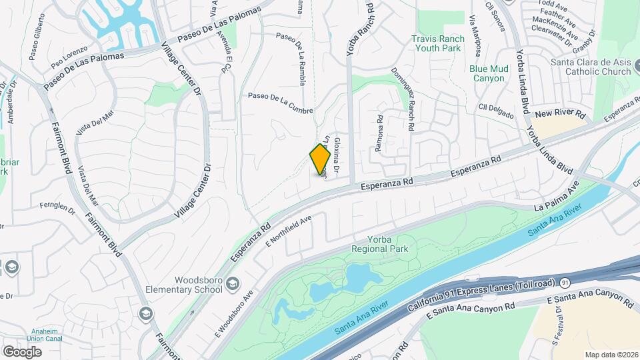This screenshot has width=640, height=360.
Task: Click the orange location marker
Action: point(321,159)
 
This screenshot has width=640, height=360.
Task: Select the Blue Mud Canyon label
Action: point(489,73)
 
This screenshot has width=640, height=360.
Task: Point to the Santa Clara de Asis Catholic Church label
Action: point(590,67)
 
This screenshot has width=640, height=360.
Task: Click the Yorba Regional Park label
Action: point(383,244)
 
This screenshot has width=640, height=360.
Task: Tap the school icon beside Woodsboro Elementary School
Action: point(232,284)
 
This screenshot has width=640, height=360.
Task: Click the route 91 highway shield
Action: point(565,283)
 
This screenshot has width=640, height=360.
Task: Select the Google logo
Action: point(22,351)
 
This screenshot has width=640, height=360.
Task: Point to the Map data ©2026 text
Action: point(611,355)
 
